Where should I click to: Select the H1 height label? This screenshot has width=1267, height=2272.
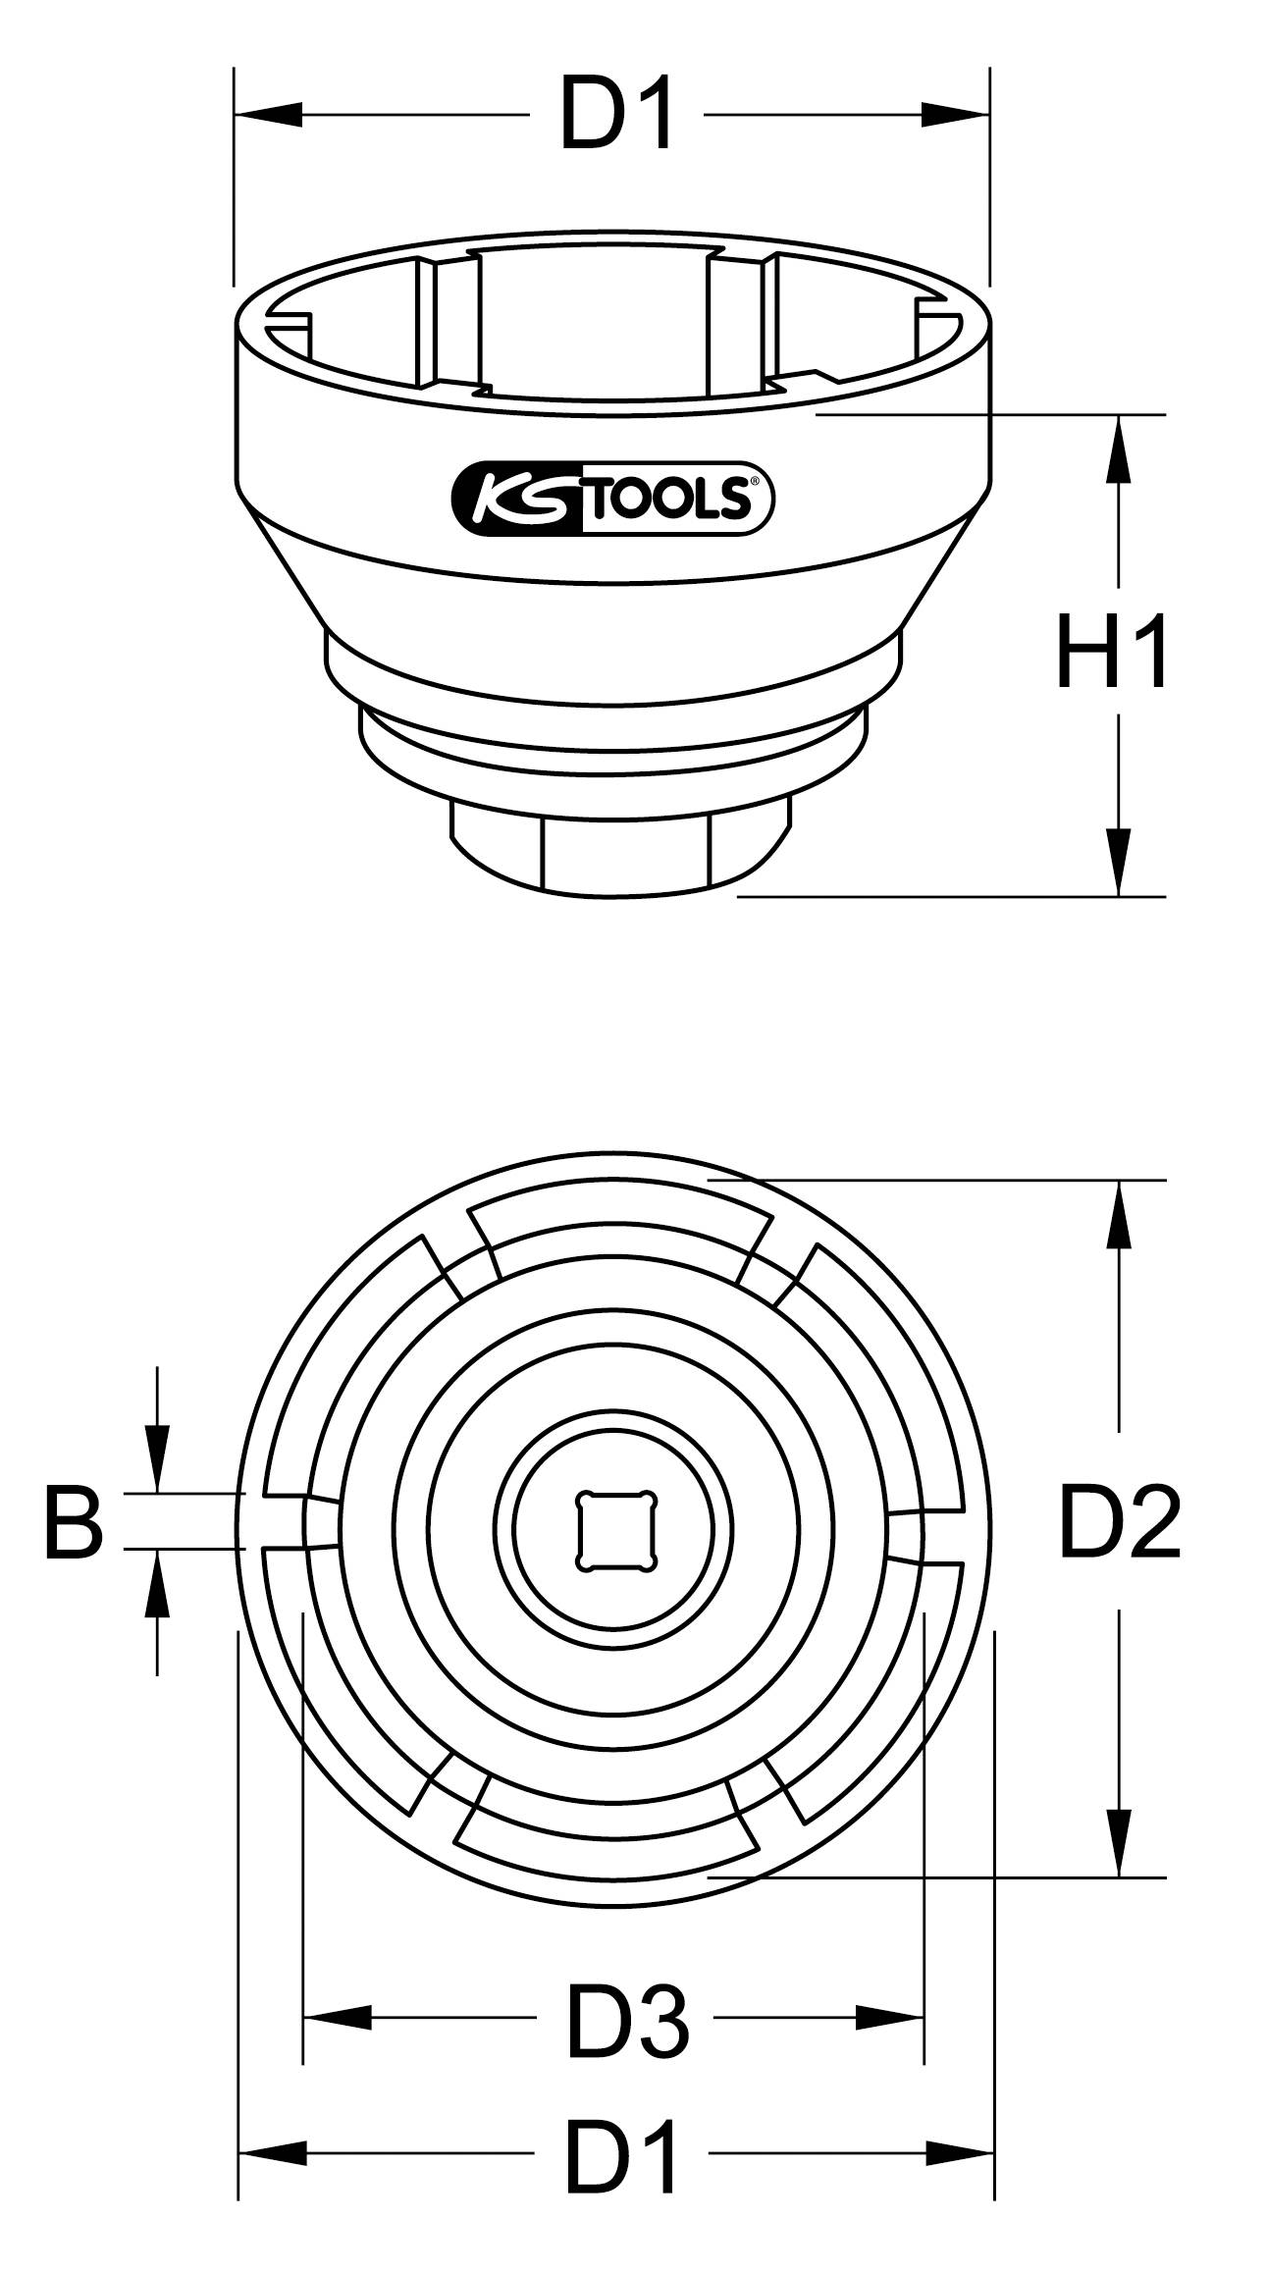pyautogui.click(x=1112, y=653)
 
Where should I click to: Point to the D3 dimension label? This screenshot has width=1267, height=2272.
pyautogui.click(x=627, y=2018)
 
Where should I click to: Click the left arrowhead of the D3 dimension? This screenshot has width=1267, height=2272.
pyautogui.click(x=338, y=2018)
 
